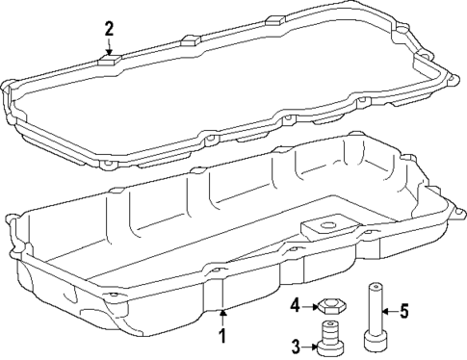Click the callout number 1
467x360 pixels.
tap(222, 336)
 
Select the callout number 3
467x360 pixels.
tap(297, 345)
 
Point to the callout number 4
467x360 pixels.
tap(297, 307)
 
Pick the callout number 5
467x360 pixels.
tap(404, 311)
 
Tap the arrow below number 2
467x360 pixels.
tap(109, 48)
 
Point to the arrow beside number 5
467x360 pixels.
tap(388, 311)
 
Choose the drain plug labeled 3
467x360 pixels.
tap(331, 342)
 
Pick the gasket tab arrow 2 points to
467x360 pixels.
tap(109, 61)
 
